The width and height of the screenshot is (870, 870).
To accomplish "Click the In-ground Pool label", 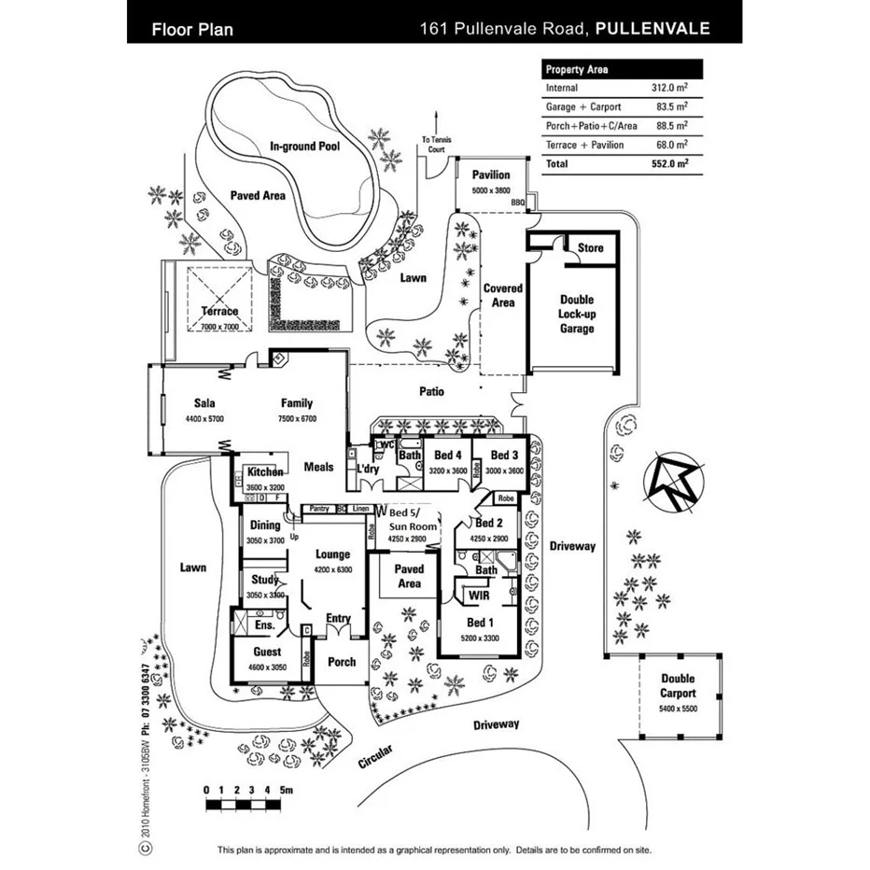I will pos(304,147).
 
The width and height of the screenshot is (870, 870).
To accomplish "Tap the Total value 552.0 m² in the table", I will pos(668,163).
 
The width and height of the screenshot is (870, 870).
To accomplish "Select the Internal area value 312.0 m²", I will pos(668,88).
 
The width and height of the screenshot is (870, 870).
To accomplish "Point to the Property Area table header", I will pos(578,69).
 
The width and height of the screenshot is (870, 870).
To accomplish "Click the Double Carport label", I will pos(678,686).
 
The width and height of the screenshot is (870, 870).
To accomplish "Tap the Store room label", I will pos(590,248).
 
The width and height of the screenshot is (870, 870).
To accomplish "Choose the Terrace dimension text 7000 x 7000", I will pos(219,327).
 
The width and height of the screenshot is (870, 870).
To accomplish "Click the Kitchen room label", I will pos(264,472).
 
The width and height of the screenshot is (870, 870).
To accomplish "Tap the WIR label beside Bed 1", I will pos(479,595).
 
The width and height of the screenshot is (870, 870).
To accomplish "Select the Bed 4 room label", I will pos(447,455).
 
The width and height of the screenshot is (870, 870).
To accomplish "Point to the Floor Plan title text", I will pos(192,29).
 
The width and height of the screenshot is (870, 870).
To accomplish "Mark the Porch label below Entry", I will pos(342,661).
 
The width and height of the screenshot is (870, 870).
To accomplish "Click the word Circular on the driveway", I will pos(376,756).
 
